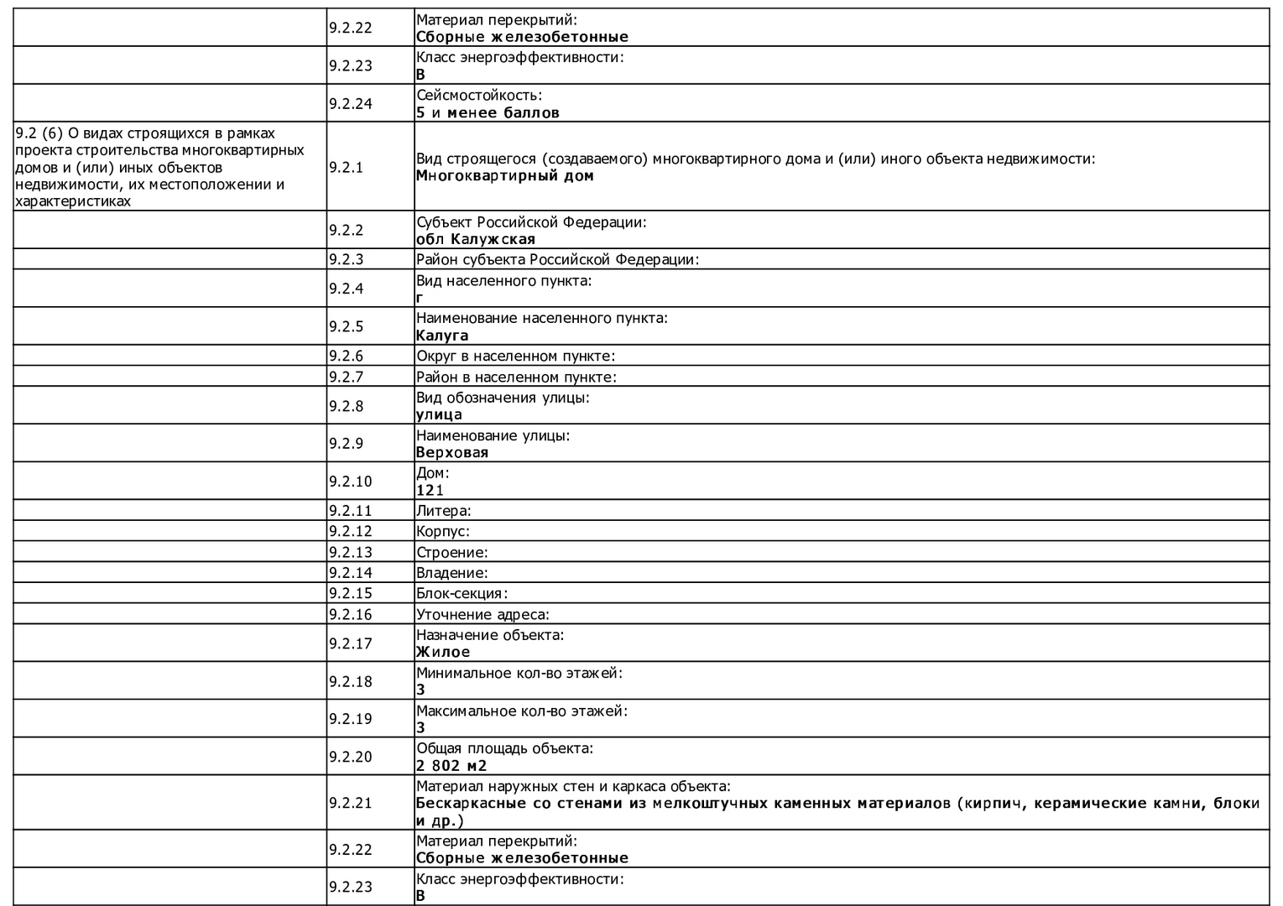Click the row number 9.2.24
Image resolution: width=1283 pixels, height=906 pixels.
pos(350,104)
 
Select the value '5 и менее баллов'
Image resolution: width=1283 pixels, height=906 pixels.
pos(488,112)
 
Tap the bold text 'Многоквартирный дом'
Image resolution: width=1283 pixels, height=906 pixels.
pos(504,175)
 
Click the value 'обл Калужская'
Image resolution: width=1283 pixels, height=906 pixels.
pos(475,239)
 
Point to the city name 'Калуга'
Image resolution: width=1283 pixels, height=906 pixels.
pos(442,336)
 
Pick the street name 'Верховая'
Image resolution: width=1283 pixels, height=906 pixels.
pos(451,452)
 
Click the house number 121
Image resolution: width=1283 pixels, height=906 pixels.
pos(430,490)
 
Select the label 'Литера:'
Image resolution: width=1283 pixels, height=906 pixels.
pos(443,510)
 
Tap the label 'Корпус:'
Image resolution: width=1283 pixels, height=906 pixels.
pos(442,531)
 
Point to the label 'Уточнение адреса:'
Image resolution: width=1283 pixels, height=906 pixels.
pos(482,614)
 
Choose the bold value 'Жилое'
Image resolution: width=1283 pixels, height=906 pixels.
pos(443,652)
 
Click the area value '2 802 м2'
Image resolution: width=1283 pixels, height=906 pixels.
pos(451,765)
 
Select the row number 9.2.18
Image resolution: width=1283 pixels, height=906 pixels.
pos(350,681)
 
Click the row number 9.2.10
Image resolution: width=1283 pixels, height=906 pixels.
pos(350,482)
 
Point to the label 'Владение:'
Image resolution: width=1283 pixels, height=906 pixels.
pos(451,573)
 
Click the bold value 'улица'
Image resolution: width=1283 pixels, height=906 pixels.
pos(439,414)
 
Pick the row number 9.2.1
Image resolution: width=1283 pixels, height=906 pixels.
pos(346,167)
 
